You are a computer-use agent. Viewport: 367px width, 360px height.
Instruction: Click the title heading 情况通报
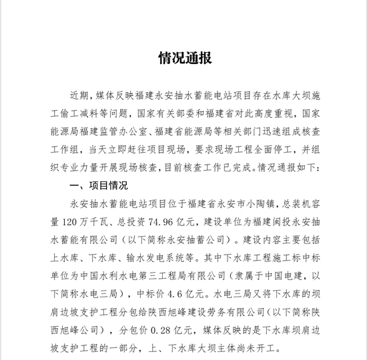tap(185, 58)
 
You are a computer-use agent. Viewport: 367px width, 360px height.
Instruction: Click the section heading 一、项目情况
tap(97, 184)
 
